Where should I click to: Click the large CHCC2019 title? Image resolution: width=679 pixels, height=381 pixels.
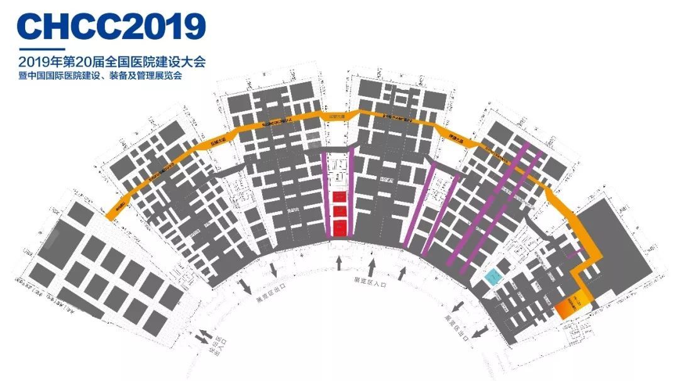click(112, 26)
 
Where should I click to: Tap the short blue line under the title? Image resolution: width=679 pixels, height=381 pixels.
click(41, 49)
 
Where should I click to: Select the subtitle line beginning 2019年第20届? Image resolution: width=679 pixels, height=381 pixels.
click(113, 62)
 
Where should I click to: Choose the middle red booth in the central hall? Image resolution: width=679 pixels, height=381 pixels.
click(339, 213)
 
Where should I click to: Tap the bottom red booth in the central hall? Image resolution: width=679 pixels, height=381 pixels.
click(339, 227)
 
